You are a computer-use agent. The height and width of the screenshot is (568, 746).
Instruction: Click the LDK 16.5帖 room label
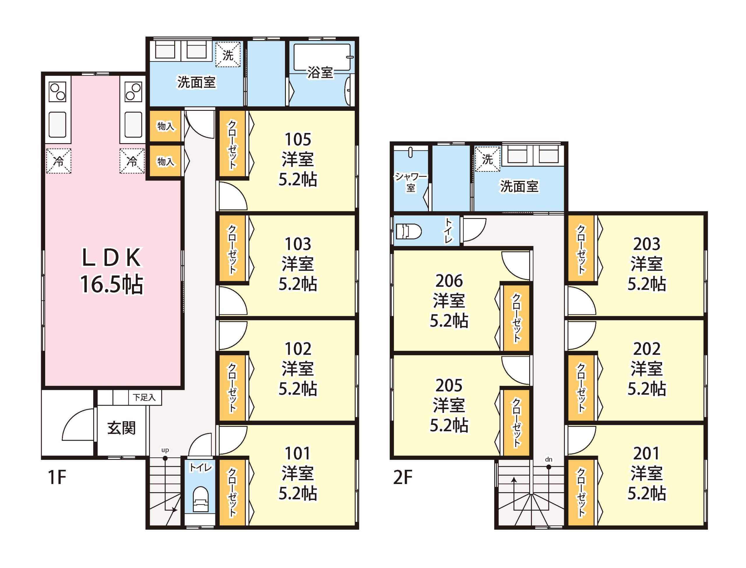pyautogui.click(x=112, y=271)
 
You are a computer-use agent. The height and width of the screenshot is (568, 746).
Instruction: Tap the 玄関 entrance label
pyautogui.click(x=122, y=428)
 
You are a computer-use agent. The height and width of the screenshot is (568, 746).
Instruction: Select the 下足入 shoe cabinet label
pyautogui.click(x=144, y=398)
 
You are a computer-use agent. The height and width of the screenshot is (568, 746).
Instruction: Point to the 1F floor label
pyautogui.click(x=57, y=477)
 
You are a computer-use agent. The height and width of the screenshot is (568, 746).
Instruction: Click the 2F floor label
pyautogui.click(x=403, y=477)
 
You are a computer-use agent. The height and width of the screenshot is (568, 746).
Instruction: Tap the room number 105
pyautogui.click(x=298, y=139)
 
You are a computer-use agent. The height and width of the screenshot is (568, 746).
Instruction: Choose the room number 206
pyautogui.click(x=449, y=281)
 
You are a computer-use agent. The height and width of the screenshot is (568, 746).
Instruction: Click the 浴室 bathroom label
pyautogui.click(x=320, y=72)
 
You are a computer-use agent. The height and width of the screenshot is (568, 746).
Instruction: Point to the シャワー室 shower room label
pyautogui.click(x=411, y=182)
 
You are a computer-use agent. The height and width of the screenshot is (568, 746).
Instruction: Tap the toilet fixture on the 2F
pyautogui.click(x=409, y=232)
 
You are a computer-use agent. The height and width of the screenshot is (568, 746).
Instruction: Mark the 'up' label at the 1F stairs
pyautogui.click(x=165, y=450)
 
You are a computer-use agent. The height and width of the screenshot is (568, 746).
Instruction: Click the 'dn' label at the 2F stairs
pyautogui.click(x=549, y=460)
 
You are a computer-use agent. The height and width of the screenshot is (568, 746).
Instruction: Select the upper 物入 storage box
pyautogui.click(x=165, y=126)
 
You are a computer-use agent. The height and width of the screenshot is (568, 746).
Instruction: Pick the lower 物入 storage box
pyautogui.click(x=165, y=161)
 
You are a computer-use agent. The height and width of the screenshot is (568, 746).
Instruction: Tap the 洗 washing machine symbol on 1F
pyautogui.click(x=228, y=55)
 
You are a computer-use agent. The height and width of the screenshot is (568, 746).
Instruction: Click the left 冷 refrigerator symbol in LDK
pyautogui.click(x=59, y=161)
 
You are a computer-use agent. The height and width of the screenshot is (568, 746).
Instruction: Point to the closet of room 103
pyautogui.click(x=233, y=248)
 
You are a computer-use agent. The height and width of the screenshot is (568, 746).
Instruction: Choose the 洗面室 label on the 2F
pyautogui.click(x=519, y=186)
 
